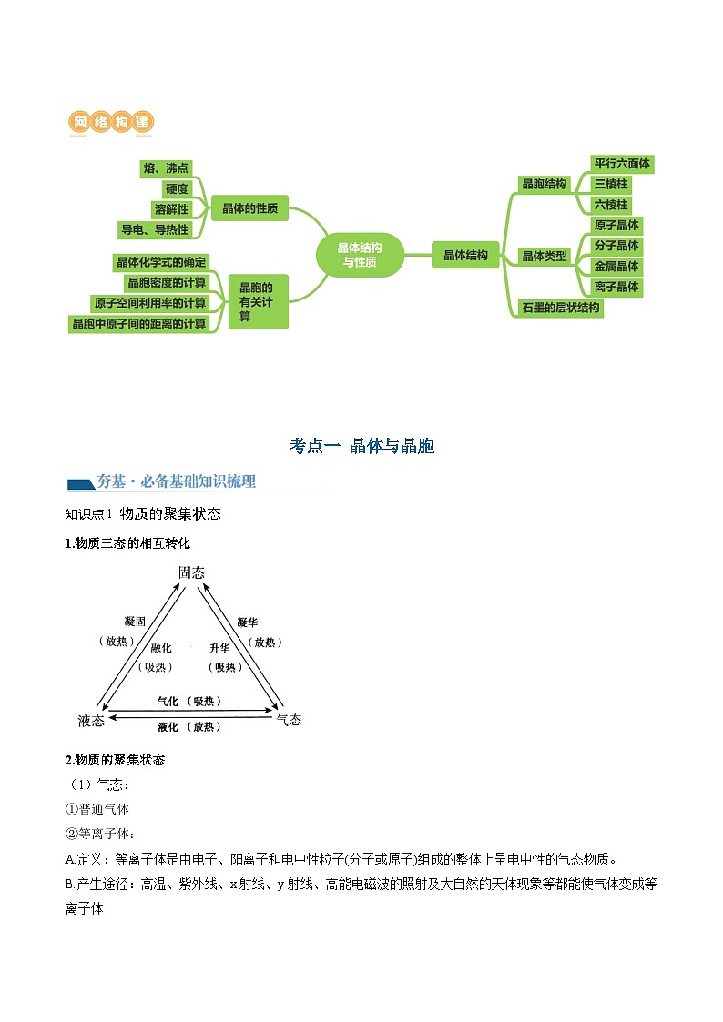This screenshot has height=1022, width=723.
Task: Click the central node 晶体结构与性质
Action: [360, 255]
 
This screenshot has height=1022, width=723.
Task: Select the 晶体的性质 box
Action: [249, 209]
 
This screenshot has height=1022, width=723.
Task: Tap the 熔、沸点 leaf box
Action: [166, 168]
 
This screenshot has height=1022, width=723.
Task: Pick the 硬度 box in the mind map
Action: [177, 189]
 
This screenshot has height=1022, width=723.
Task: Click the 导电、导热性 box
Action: [155, 229]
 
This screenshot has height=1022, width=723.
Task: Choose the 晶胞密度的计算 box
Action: [167, 282]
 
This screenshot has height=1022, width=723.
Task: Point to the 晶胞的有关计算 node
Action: [257, 301]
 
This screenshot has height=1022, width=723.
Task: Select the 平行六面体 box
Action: [622, 164]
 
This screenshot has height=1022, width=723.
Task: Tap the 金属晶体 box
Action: [616, 266]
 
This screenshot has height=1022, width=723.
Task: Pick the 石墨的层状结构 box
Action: [560, 308]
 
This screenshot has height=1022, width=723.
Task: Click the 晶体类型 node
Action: [545, 256]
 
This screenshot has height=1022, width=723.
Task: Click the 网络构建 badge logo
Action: [111, 122]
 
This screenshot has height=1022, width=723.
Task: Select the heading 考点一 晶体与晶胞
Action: [361, 446]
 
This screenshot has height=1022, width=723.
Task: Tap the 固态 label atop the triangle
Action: [191, 572]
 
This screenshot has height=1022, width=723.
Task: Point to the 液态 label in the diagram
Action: [91, 720]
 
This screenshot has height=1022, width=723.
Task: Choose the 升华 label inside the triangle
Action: [219, 647]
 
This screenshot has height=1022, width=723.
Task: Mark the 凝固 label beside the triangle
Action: [135, 622]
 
